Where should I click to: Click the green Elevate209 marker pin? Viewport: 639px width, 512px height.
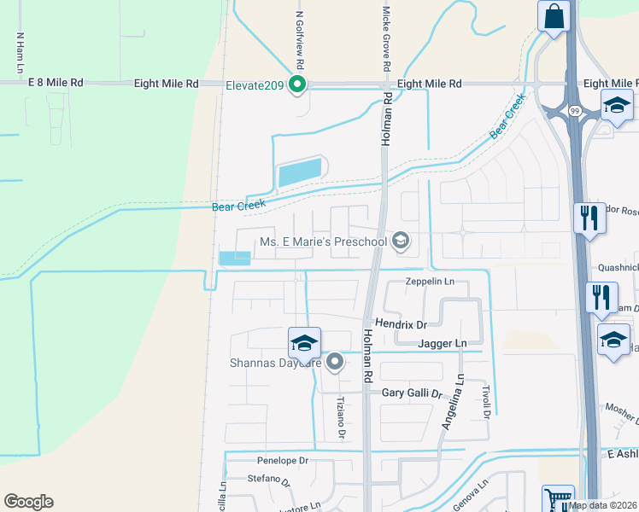click(297, 84)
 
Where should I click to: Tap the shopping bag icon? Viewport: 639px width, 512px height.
click(554, 15)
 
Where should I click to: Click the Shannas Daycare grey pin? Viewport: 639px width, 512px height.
click(336, 362)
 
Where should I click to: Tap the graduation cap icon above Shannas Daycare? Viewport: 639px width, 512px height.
click(304, 343)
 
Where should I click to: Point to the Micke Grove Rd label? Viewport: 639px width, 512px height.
click(387, 39)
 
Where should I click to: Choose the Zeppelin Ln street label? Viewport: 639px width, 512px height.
click(429, 281)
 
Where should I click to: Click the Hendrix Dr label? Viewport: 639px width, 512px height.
click(403, 323)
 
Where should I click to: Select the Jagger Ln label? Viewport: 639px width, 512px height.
click(443, 343)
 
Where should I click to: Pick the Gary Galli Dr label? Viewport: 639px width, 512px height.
click(412, 393)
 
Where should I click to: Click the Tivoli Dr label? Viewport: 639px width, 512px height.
click(485, 402)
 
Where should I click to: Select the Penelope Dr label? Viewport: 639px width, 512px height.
click(282, 460)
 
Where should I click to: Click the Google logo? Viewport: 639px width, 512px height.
click(28, 501)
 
